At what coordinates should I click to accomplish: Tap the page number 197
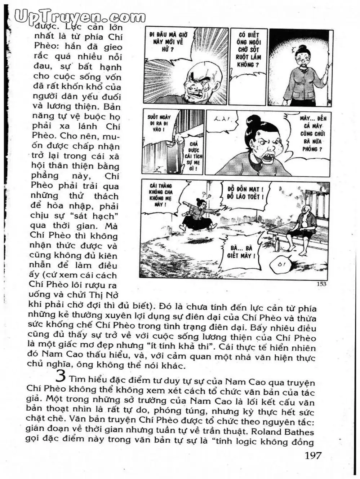coord(313,455)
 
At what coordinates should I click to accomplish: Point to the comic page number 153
coord(321,284)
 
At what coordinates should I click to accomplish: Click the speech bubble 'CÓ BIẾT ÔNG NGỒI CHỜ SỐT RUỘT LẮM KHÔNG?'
coord(249,50)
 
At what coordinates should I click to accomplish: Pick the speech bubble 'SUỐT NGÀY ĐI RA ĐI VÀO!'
coord(159,123)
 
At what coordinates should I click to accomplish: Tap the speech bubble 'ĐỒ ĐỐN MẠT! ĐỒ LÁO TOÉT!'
coord(245,193)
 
